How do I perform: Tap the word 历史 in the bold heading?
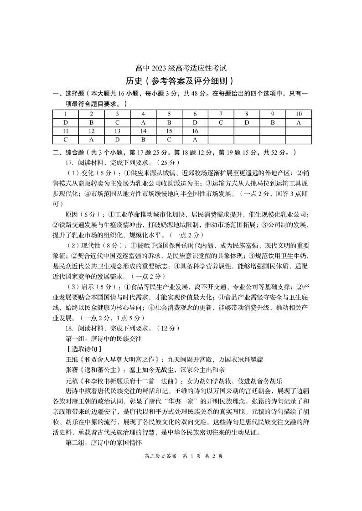(x=136, y=81)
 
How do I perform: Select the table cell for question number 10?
(x=299, y=114)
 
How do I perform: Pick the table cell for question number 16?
(x=195, y=131)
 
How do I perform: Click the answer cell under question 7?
(x=221, y=122)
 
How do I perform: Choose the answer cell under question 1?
(x=66, y=122)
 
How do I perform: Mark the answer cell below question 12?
(x=91, y=140)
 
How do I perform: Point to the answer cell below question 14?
(x=143, y=140)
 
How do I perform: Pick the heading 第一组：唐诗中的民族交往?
(x=104, y=339)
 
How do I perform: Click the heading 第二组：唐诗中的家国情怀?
(x=104, y=443)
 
